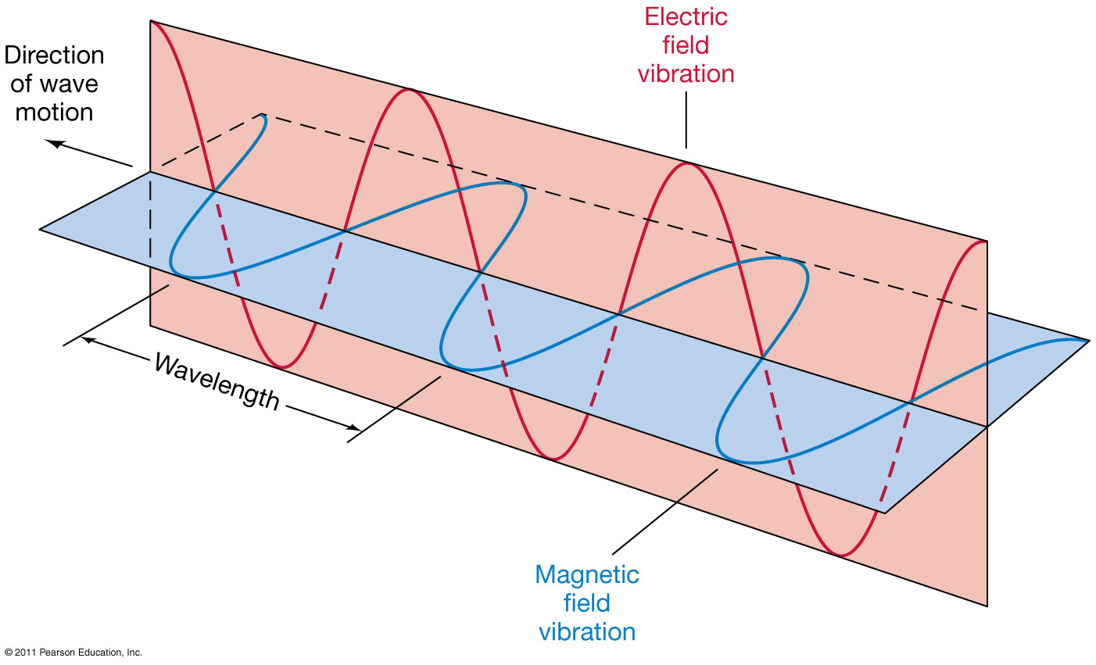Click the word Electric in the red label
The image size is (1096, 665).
tap(686, 16)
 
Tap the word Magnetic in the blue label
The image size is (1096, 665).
tap(586, 574)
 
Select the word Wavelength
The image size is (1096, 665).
tap(217, 381)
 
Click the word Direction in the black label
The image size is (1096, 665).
tap(54, 55)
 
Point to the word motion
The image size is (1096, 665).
tap(54, 113)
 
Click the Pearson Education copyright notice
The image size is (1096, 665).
tap(73, 652)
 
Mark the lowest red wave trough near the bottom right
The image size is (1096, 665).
tap(840, 556)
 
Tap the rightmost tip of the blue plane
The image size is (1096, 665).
tap(1087, 341)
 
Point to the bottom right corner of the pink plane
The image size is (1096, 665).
tap(987, 606)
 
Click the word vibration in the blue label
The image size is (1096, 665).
tap(586, 631)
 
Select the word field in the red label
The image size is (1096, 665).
tap(686, 45)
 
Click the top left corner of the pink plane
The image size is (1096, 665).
tap(150, 21)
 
